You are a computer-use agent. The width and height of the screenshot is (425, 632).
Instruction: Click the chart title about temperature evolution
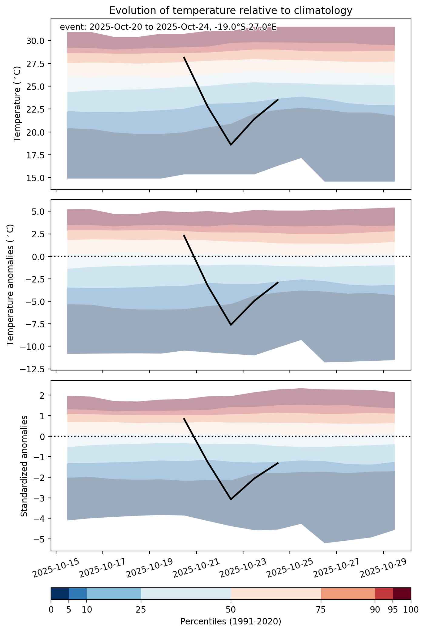pos(231,11)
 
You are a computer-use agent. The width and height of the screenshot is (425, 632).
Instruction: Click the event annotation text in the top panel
pos(168,27)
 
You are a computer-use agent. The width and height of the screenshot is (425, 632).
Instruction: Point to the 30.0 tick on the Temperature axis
pos(35,41)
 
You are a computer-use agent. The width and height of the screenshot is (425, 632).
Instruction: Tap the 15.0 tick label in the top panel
pos(35,178)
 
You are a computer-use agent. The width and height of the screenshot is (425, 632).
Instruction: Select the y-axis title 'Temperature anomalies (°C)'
pos(10,285)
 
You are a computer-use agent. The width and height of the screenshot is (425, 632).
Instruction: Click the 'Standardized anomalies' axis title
pos(24,466)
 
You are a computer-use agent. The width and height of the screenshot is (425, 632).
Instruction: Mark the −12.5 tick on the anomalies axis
pos(32,369)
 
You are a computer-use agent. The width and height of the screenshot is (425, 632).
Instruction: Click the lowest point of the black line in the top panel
pos(231,145)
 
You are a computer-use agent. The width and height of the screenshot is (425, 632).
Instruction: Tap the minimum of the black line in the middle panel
pos(231,325)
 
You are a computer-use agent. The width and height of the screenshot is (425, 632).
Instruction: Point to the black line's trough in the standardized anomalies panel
pos(231,499)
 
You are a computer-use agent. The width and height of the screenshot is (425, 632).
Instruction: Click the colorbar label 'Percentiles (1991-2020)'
pos(231,619)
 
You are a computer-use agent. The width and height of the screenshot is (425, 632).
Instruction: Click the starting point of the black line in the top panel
pos(184,57)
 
